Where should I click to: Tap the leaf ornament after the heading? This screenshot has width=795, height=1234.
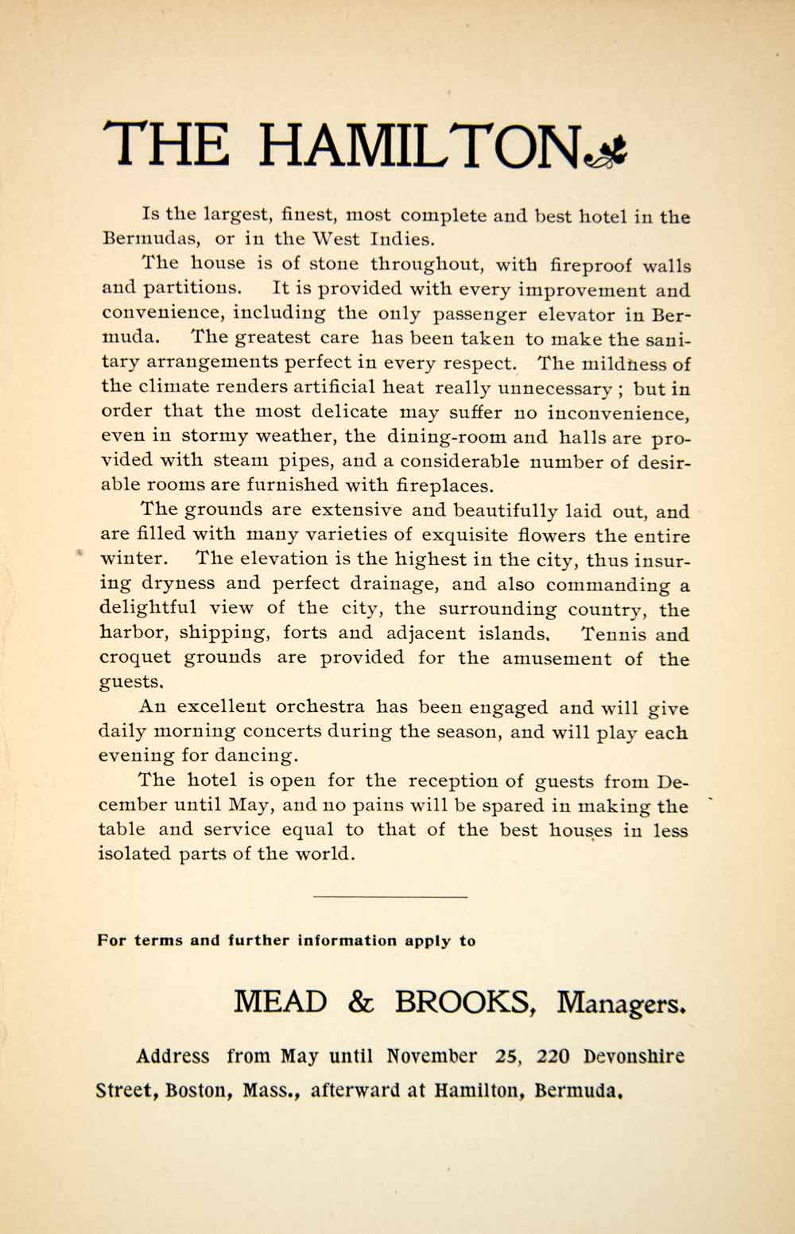(x=605, y=150)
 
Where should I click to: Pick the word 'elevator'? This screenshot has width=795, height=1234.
(x=580, y=314)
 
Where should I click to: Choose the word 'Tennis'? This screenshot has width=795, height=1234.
(x=611, y=634)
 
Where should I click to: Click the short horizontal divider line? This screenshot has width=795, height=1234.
(x=390, y=897)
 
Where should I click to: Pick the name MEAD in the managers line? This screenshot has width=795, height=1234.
(x=280, y=1003)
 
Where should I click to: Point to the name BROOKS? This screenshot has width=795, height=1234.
(x=463, y=1003)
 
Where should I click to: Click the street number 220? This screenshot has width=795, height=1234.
(x=553, y=1057)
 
